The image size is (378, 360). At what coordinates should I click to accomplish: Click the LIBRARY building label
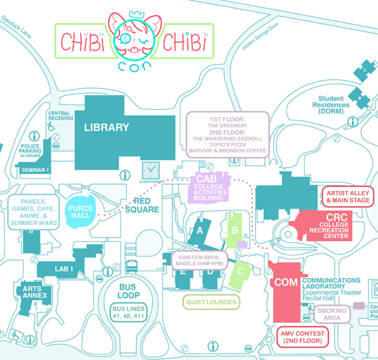[106, 127]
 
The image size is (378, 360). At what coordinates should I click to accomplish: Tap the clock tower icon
[151, 170]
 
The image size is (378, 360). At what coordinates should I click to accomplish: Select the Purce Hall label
[80, 212]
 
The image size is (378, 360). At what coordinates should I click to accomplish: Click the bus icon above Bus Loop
[131, 266]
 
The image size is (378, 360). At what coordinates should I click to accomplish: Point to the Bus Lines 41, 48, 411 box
[129, 312]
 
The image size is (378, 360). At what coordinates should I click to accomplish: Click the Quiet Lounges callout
[211, 302]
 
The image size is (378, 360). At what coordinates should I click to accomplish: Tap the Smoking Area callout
[332, 314]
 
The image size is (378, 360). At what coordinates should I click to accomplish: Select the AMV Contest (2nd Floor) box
[302, 337]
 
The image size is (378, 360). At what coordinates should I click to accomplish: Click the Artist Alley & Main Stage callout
[348, 197]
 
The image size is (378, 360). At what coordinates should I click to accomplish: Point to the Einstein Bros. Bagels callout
[199, 260]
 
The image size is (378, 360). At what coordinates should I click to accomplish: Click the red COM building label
[286, 282]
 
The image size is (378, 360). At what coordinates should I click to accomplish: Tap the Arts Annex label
[35, 292]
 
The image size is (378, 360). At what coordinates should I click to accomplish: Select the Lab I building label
[64, 269]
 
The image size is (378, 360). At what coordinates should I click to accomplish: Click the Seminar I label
[35, 170]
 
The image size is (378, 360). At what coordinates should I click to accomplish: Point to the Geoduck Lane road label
[16, 27]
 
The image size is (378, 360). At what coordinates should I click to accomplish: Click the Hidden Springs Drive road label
[260, 37]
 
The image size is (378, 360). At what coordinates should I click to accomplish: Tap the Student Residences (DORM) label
[331, 105]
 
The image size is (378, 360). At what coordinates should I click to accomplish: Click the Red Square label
[142, 205]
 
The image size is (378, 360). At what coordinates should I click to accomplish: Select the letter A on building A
[200, 231]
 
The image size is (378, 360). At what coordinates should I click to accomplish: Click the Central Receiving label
[60, 115]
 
